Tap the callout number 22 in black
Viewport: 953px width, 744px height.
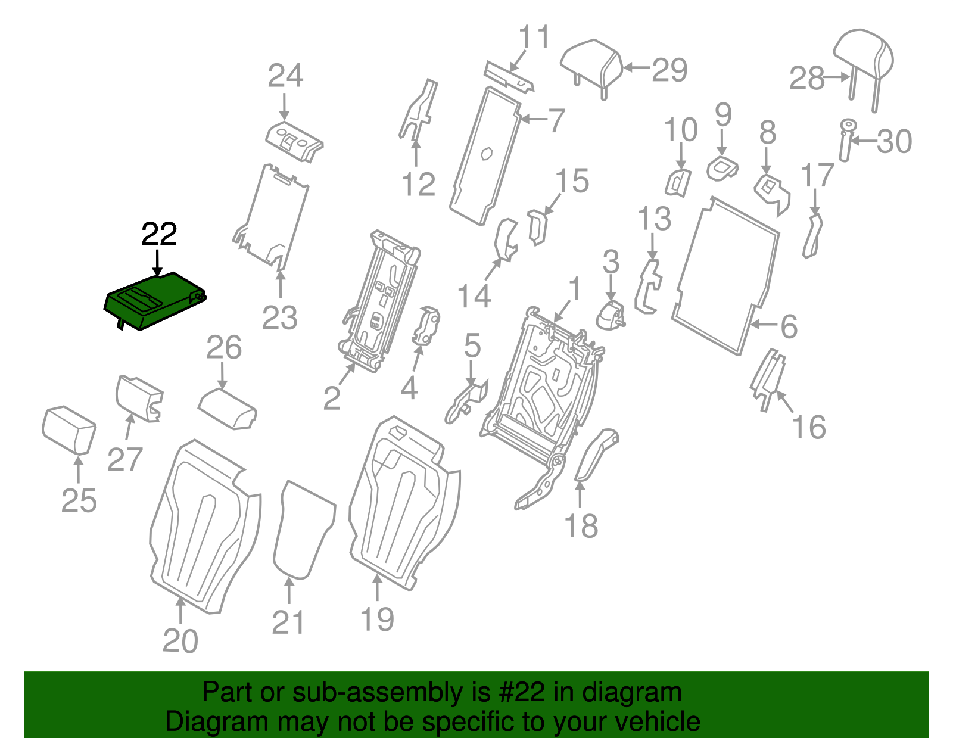[x=159, y=235]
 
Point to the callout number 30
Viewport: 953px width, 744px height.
[x=894, y=142]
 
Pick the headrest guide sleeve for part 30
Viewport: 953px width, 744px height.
[x=846, y=141]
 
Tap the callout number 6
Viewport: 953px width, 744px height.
[x=789, y=326]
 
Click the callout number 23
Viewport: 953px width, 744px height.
[x=279, y=319]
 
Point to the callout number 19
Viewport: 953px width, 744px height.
[x=377, y=619]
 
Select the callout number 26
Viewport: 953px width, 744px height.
[x=224, y=348]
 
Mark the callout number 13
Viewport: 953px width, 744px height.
[x=655, y=219]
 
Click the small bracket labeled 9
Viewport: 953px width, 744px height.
[x=722, y=167]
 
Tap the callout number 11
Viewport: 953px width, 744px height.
[x=534, y=38]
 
